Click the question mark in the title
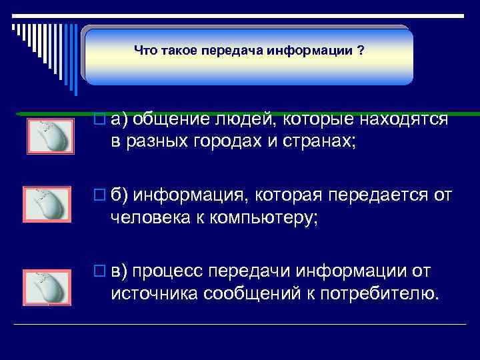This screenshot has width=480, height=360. (x=361, y=50)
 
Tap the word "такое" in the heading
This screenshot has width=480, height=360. (x=178, y=50)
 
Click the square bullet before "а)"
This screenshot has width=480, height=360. (x=101, y=120)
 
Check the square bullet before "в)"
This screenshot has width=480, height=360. (x=101, y=272)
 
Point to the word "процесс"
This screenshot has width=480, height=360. (x=171, y=271)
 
